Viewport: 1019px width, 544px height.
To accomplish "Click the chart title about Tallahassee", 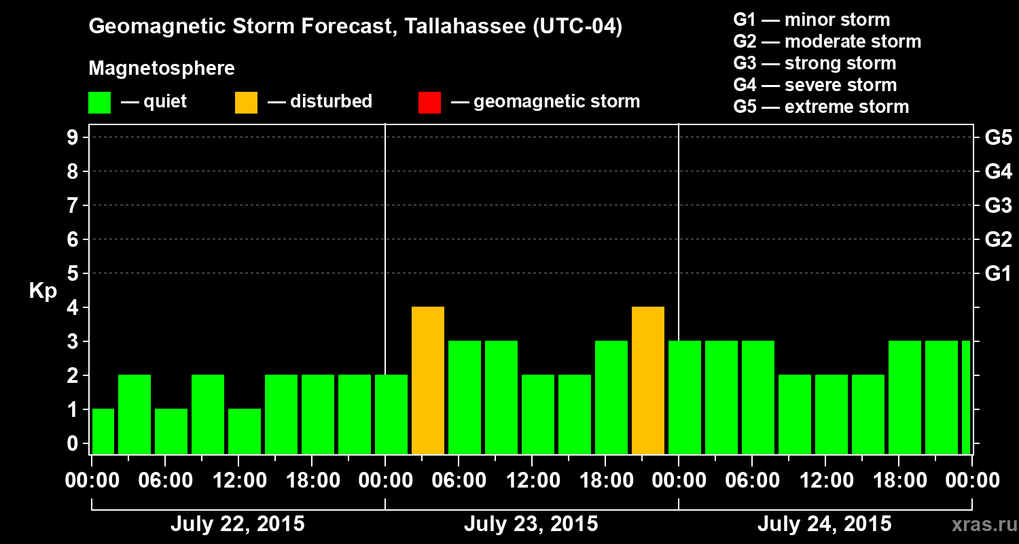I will click(x=355, y=27).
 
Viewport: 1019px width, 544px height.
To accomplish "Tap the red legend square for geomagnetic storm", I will click(x=429, y=103).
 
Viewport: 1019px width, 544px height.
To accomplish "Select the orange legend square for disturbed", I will click(x=246, y=103).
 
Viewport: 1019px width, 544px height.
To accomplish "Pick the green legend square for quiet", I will click(x=99, y=103).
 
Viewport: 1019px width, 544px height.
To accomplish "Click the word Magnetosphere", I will click(x=162, y=69).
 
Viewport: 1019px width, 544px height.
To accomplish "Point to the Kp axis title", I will click(x=43, y=291).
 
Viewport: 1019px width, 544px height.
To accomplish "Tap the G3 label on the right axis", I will click(x=998, y=205).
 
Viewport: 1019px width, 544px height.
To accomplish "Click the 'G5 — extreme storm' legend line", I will click(x=821, y=107).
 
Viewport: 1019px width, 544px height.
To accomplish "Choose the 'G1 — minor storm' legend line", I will click(x=811, y=20).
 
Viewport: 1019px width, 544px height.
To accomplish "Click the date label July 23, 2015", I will click(x=531, y=524).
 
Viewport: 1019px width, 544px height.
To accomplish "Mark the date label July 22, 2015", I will click(x=237, y=524).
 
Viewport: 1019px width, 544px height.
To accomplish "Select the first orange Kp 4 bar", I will click(x=428, y=381).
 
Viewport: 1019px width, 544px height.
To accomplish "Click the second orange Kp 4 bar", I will click(x=648, y=381).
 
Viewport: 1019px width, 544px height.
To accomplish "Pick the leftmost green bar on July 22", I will click(x=103, y=432).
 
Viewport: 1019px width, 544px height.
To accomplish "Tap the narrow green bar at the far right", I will click(x=965, y=398).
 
